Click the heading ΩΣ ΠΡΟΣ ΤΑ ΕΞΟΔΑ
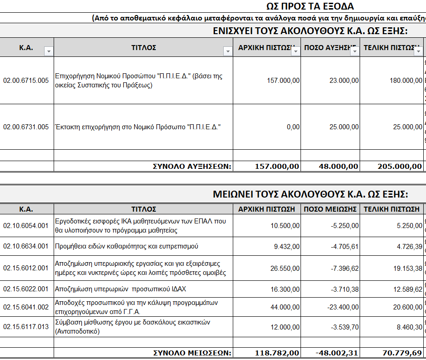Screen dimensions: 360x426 310,6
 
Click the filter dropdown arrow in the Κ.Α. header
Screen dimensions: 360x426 49,51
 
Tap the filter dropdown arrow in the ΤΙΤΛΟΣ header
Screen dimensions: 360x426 228,51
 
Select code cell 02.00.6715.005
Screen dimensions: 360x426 26,81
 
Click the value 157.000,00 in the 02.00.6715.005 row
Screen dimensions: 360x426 283,81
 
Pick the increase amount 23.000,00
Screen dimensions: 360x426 344,81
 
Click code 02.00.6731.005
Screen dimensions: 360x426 26,127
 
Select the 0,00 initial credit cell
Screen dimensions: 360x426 293,127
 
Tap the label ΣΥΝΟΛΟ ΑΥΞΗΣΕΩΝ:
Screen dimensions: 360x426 192,167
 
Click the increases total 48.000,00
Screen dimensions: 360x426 338,167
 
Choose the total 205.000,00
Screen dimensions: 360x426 400,167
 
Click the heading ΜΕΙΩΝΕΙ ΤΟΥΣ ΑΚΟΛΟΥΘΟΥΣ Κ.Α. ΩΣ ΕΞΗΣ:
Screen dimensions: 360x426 311,194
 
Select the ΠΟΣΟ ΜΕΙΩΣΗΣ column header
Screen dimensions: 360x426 330,209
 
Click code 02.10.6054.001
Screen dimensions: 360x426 26,226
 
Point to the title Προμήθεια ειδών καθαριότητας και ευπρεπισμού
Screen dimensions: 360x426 126,246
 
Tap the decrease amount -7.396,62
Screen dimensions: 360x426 342,269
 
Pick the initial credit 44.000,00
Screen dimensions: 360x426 285,308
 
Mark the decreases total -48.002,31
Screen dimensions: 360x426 337,353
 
